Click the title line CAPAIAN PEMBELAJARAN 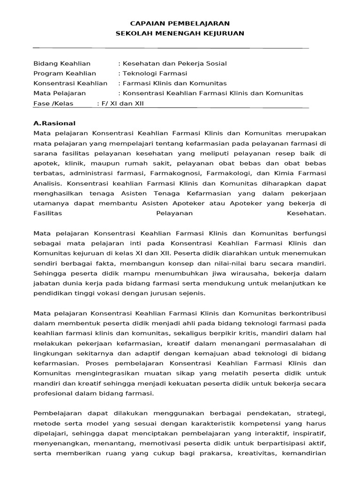pyautogui.click(x=180, y=23)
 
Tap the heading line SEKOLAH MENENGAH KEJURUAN pyautogui.click(x=180, y=33)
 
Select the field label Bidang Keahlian pyautogui.click(x=62, y=64)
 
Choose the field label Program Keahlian pyautogui.click(x=65, y=74)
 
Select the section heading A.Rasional pyautogui.click(x=54, y=124)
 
